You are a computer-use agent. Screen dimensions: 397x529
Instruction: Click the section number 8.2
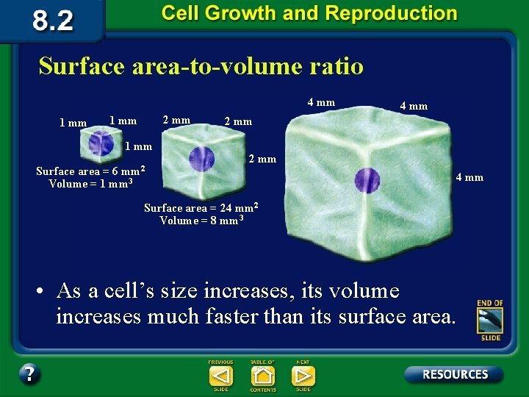click(x=52, y=20)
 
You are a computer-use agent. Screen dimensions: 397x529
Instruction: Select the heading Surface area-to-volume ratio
click(x=201, y=66)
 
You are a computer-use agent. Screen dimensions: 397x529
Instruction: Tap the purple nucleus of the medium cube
click(x=201, y=158)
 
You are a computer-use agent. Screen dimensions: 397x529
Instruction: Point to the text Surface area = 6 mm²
click(x=90, y=171)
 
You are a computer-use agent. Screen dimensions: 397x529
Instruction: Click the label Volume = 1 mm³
click(x=90, y=184)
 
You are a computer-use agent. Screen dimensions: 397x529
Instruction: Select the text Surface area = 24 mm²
click(x=201, y=207)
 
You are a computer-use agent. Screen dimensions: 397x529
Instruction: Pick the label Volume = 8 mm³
click(x=201, y=220)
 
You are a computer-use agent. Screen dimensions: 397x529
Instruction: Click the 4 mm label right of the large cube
click(x=469, y=177)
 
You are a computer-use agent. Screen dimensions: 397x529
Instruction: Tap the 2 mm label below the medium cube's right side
click(x=262, y=159)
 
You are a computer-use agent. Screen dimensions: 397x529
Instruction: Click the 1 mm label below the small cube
click(x=138, y=146)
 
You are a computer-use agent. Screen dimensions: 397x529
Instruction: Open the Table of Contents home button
click(x=262, y=376)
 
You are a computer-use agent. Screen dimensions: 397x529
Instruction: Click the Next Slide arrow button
click(x=303, y=376)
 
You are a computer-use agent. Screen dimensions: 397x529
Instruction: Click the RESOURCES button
click(x=453, y=374)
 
